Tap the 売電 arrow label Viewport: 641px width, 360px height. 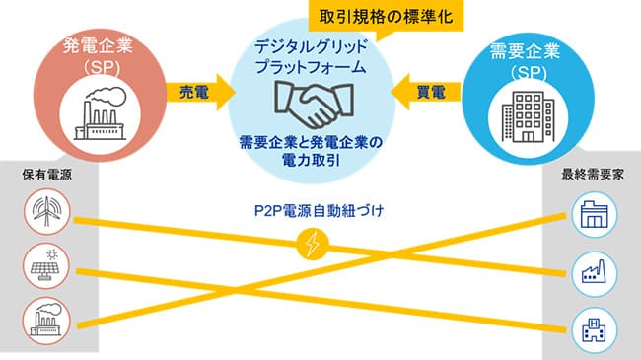(192, 92)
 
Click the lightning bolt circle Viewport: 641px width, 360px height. (315, 244)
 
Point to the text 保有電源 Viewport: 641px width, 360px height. (46, 175)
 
